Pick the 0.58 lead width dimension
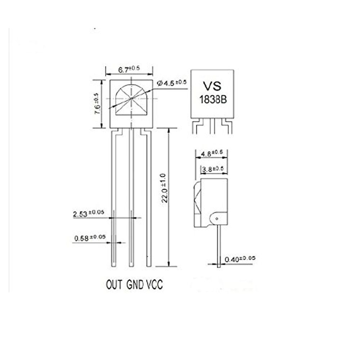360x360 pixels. coord(90,238)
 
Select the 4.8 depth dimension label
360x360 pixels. coord(212,153)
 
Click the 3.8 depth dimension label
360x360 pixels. coord(212,168)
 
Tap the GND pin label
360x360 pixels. coord(135,285)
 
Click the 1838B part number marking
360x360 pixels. coord(213,100)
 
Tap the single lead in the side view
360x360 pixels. coord(219,245)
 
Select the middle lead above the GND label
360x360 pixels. coord(131,198)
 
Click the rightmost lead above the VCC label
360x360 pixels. coord(149,198)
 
